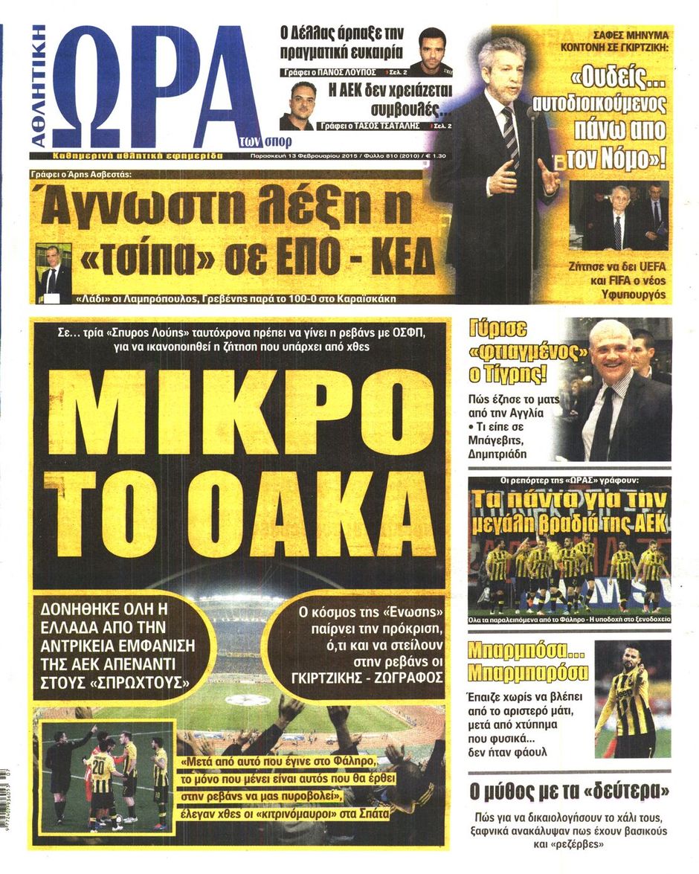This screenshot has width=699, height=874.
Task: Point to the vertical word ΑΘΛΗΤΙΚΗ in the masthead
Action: (x=39, y=86)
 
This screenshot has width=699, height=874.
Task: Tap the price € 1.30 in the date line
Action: (x=439, y=158)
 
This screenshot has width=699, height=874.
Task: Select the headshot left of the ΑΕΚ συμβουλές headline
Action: (x=296, y=106)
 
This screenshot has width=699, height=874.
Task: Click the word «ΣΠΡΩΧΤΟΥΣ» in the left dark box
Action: (x=144, y=680)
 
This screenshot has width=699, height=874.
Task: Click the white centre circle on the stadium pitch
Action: (x=248, y=700)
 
